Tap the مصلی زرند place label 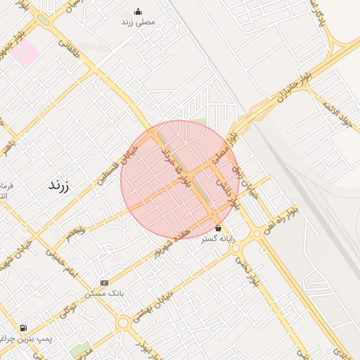[138, 22]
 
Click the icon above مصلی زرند [138, 11]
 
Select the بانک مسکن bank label [105, 292]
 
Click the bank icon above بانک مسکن [105, 283]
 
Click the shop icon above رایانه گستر [218, 228]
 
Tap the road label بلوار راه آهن [281, 219]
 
